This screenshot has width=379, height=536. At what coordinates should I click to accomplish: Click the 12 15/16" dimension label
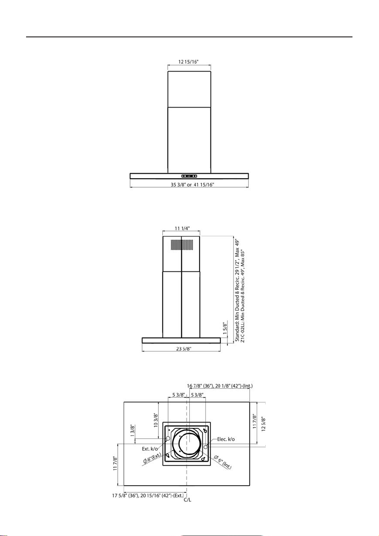[x=189, y=62]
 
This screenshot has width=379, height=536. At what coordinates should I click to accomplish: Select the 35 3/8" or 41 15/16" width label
[x=189, y=185]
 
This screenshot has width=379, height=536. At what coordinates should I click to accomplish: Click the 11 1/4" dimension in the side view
[x=182, y=228]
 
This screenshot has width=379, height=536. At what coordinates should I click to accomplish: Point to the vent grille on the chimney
[x=182, y=245]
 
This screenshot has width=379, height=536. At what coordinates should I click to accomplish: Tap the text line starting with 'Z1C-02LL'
[x=243, y=295]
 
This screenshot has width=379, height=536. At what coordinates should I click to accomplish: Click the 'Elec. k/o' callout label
[x=226, y=439]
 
